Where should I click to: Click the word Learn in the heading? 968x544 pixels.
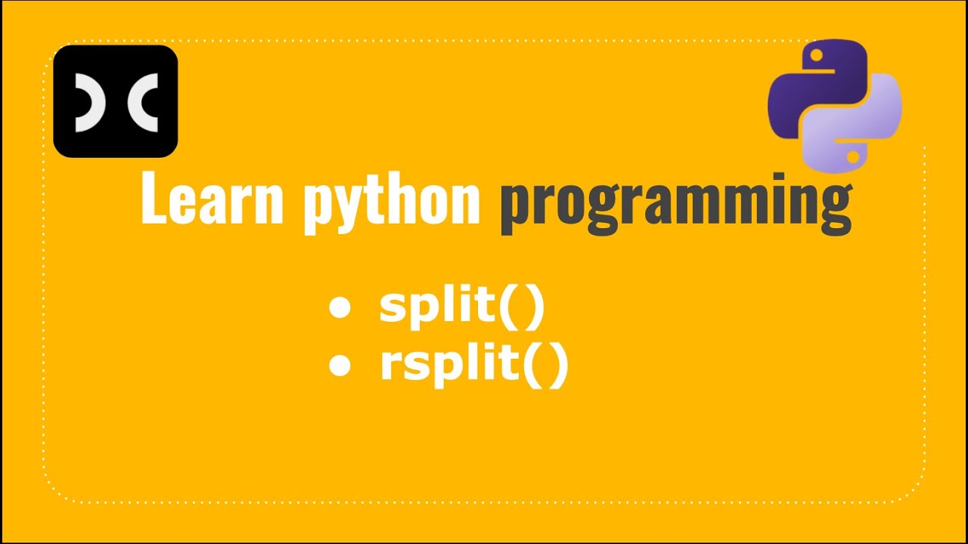point(212,199)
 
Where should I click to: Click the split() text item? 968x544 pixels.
point(461,308)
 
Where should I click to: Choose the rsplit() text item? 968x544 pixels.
point(473,366)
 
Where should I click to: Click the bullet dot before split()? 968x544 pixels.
point(340,309)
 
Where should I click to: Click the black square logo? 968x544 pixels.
point(115,101)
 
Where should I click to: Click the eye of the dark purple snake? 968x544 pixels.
point(815,55)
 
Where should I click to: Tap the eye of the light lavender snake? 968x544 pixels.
point(853,156)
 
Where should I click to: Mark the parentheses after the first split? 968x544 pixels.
point(521,309)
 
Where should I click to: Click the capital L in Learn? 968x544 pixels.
point(153,199)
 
